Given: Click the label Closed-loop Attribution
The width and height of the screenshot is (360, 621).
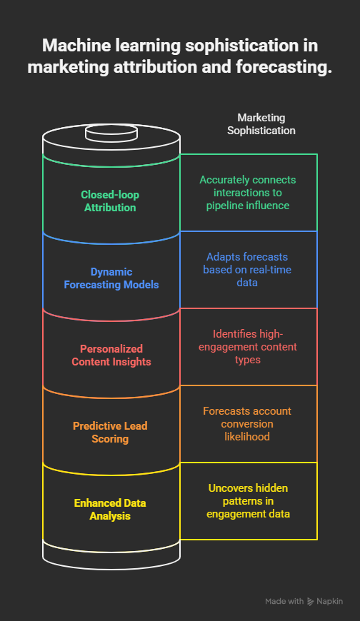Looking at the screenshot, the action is (110, 201).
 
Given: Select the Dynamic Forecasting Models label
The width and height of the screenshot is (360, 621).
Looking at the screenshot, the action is (111, 278).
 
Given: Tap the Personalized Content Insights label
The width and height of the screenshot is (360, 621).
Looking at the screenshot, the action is (111, 355).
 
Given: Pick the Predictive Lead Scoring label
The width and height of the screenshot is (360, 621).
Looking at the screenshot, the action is (110, 432).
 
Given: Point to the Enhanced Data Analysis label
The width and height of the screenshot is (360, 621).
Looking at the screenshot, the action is (110, 510).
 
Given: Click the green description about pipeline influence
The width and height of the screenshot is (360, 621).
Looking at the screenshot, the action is (248, 193).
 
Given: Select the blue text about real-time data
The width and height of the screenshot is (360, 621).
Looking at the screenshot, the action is (247, 269).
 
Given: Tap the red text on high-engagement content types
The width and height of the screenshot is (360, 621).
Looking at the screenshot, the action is (248, 346).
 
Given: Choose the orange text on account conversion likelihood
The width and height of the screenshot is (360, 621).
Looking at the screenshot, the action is (247, 424).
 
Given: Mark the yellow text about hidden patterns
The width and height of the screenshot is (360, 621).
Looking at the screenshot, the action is (248, 500).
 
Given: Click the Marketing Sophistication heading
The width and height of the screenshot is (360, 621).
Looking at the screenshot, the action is (261, 124).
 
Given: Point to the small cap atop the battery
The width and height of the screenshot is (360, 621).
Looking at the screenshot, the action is (111, 133).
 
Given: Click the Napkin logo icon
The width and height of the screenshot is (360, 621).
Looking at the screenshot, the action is (311, 602).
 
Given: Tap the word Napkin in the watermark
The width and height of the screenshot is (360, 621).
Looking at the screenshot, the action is (329, 601).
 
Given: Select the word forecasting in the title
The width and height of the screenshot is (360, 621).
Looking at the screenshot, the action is (284, 66).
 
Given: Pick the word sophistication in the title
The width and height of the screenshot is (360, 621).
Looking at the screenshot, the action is (242, 46).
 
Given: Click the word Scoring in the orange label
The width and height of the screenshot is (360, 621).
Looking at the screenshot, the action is (110, 439).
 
